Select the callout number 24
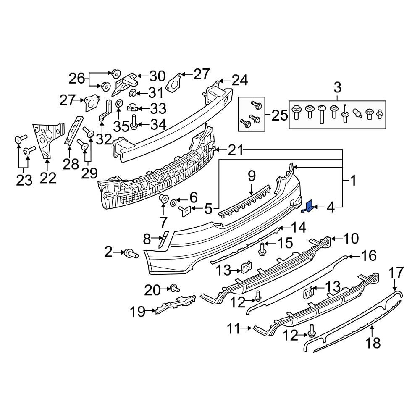pos(240,80)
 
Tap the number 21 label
pos(236,150)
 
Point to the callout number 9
pos(252,176)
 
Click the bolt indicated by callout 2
pos(131,253)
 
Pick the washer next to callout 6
pos(173,202)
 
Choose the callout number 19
pos(138,312)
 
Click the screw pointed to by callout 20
pos(174,289)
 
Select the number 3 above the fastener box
pos(338,87)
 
